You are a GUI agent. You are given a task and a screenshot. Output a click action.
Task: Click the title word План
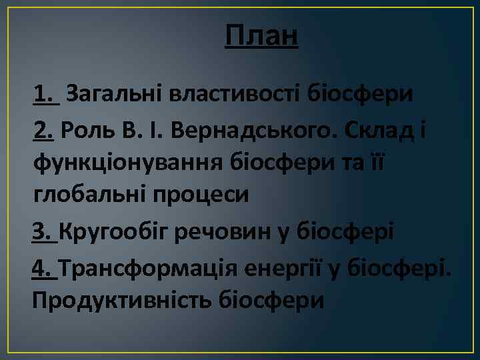point(261,36)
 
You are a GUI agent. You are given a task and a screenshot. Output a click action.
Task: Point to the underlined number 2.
point(44,131)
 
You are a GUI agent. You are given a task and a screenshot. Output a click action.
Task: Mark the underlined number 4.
point(43,269)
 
